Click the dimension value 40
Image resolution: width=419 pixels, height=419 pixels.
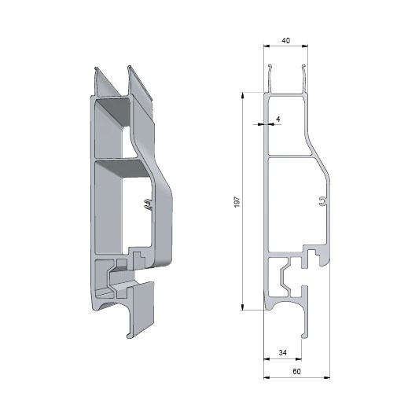(285, 41)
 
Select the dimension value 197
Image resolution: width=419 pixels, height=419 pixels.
(237, 202)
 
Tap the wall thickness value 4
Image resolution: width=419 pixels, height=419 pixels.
(278, 119)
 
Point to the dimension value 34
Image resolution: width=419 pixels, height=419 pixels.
(283, 353)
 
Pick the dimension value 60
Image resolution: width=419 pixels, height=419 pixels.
(296, 371)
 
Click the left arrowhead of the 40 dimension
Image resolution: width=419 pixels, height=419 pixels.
(266, 46)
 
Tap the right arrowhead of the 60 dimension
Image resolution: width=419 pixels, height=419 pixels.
(327, 377)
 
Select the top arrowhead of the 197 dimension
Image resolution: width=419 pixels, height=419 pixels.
(243, 95)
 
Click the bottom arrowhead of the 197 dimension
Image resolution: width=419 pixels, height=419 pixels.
(243, 307)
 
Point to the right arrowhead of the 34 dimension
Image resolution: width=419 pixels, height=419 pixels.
(299, 359)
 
